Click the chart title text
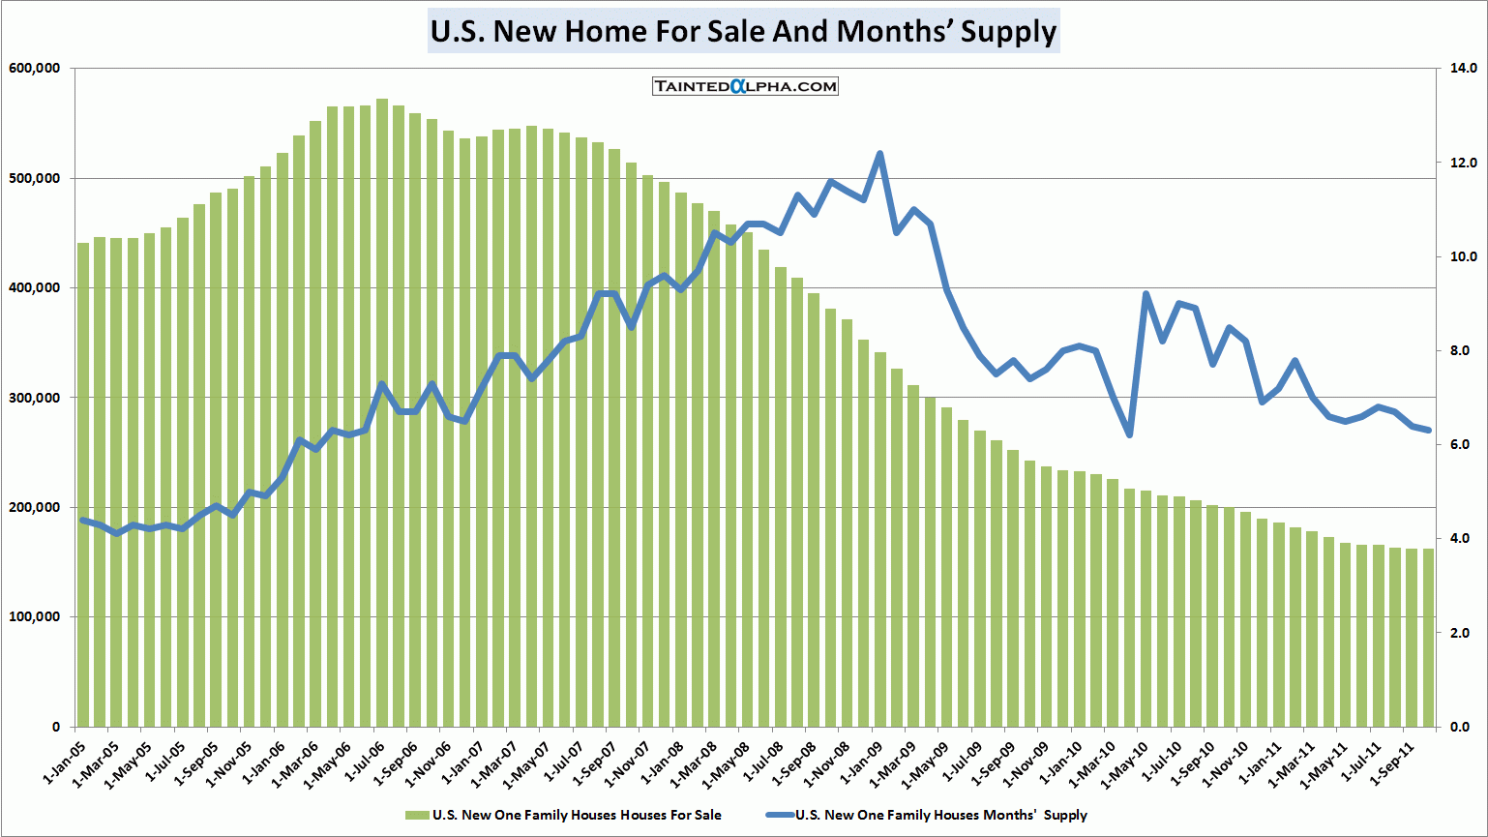[743, 31]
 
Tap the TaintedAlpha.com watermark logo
[745, 86]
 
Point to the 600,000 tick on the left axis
[34, 69]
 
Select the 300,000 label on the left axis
[34, 398]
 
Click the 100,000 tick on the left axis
[34, 617]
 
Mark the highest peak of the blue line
[879, 154]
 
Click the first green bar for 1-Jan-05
[83, 484]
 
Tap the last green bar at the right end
[1428, 638]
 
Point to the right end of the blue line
[1428, 430]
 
